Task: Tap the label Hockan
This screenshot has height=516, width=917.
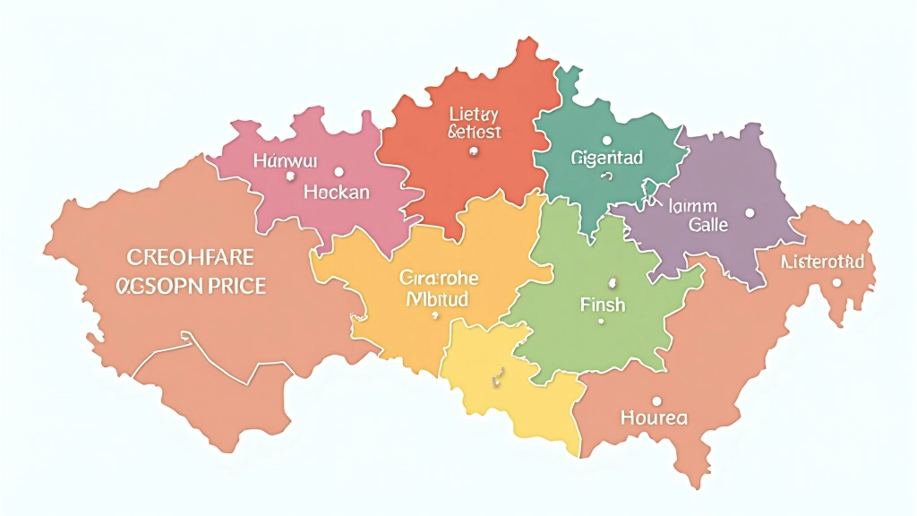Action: tap(337, 192)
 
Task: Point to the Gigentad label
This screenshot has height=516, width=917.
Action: tap(606, 159)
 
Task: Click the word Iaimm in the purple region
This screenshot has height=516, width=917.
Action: tap(695, 206)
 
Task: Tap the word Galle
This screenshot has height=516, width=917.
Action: tap(708, 225)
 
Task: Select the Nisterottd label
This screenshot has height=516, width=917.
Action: tap(823, 262)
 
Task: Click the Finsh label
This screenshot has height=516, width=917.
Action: tap(603, 305)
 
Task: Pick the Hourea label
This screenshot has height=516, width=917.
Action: tap(655, 417)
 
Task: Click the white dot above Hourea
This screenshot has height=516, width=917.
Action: tap(656, 400)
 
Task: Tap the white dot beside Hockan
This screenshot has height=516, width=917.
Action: tap(339, 171)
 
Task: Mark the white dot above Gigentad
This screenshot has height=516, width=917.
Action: tap(607, 141)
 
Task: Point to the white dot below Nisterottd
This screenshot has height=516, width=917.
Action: tap(836, 282)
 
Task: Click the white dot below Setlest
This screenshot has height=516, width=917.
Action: tap(472, 152)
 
